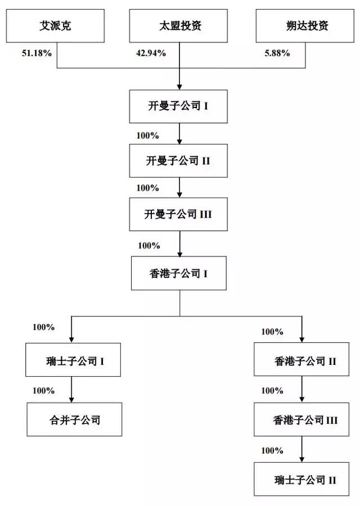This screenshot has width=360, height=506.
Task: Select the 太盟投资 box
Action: pyautogui.click(x=179, y=26)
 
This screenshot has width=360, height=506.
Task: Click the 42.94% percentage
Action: pyautogui.click(x=151, y=53)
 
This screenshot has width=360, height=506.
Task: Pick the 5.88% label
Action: pyautogui.click(x=277, y=53)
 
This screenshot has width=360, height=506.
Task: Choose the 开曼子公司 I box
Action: pyautogui.click(x=179, y=106)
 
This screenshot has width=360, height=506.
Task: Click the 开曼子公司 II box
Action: pyautogui.click(x=179, y=160)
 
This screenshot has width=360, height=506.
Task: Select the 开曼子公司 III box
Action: pyautogui.click(x=179, y=214)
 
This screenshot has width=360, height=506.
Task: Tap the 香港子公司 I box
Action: pyautogui.click(x=179, y=274)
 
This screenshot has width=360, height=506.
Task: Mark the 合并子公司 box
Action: pyautogui.click(x=74, y=419)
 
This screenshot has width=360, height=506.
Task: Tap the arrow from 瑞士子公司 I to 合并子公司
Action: pyautogui.click(x=71, y=389)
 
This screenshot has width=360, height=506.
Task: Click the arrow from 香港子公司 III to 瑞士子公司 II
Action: pyautogui.click(x=302, y=450)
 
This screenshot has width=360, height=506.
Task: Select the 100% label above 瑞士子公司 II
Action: pyautogui.click(x=272, y=450)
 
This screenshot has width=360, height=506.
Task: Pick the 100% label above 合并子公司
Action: pyautogui.click(x=43, y=391)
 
